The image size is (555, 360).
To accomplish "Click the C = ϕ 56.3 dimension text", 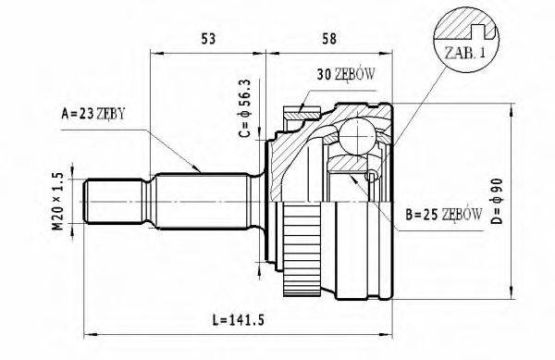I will coord(246,109).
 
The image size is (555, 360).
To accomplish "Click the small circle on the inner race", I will coord(371,176).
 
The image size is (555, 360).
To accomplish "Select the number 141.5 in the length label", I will coord(250,321).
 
